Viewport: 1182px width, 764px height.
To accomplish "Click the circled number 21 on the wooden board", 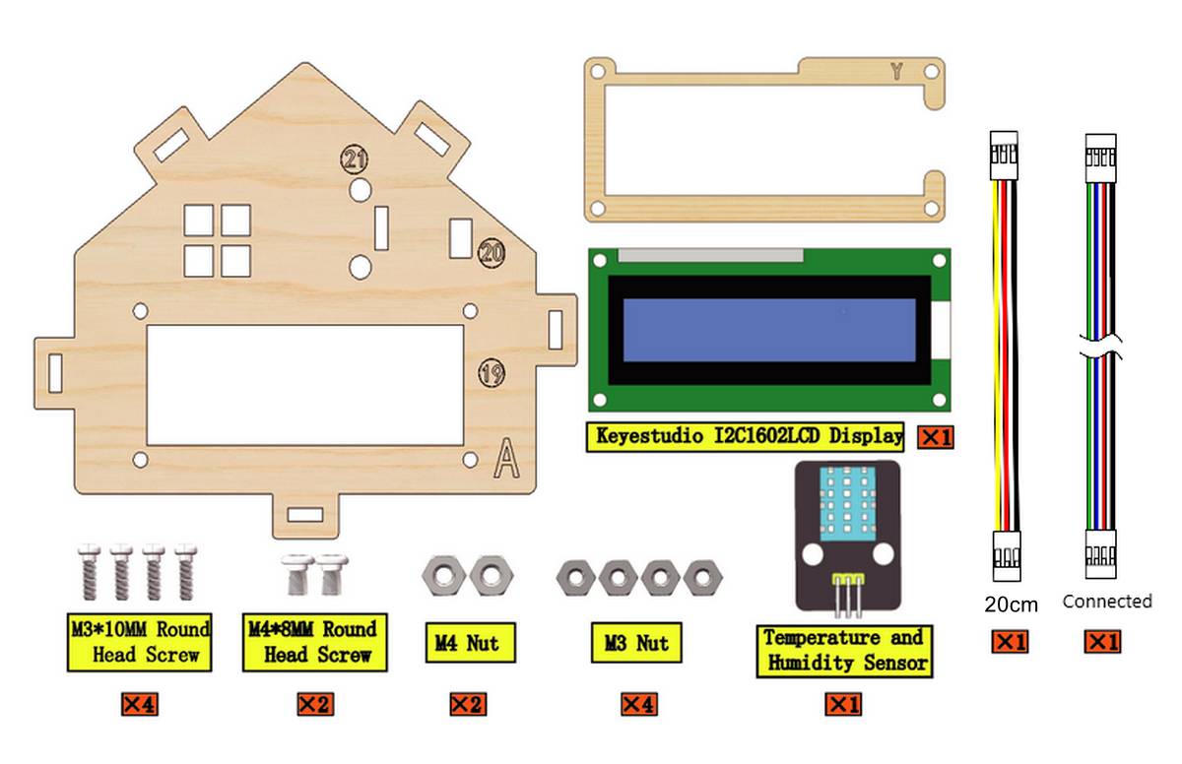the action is pos(354,159).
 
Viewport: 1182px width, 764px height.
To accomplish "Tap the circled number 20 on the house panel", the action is pos(492,253).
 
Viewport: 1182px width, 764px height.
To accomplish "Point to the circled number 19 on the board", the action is pos(492,373).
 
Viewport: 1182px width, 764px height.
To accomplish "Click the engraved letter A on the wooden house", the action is pos(506,458).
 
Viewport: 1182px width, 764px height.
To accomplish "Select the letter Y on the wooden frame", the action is pos(896,71).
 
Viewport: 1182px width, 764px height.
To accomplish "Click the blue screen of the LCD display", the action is pos(769,330).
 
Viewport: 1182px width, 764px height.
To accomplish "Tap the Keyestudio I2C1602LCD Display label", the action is pos(745,436).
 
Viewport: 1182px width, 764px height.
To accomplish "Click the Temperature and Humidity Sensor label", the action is pos(844,651).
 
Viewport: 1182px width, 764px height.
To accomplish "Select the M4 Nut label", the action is pos(471,643).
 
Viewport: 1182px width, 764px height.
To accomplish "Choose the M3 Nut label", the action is pos(636,643).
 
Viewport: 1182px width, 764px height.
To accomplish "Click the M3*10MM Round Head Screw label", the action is pos(140,642).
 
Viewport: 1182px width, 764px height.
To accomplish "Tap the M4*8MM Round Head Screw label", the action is pos(315,642).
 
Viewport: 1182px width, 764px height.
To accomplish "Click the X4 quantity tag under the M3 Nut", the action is pos(639,704).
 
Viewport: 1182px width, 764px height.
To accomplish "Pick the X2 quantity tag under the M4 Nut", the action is pos(468,704).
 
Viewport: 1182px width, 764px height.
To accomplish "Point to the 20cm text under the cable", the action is pos(1011,605).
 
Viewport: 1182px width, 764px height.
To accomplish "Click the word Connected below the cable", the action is pos(1107,602).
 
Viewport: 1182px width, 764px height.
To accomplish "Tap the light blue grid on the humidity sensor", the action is pos(847,503).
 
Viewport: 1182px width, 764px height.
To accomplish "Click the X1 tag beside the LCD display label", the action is pos(936,437).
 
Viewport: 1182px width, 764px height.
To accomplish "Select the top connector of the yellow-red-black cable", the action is pos(1004,156).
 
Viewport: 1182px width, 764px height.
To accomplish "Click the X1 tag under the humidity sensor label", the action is pos(843,704).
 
